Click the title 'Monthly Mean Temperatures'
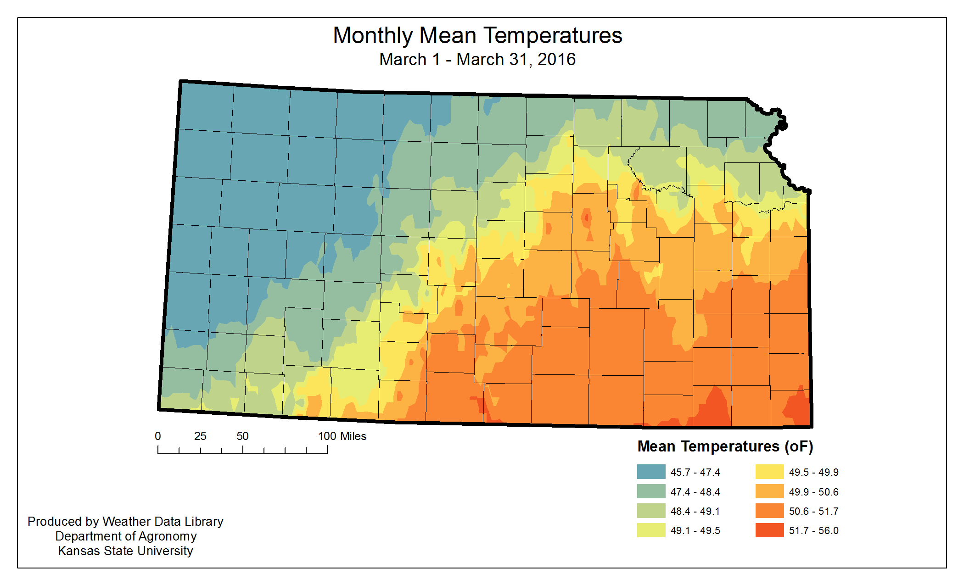click(477, 36)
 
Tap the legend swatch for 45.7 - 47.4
click(651, 472)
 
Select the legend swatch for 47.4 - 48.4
click(651, 491)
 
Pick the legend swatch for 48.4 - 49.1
click(651, 511)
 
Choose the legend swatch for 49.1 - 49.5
click(651, 530)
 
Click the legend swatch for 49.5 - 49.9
click(769, 472)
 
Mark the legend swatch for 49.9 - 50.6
click(769, 491)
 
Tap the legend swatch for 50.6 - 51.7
click(769, 511)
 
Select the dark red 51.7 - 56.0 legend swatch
click(769, 530)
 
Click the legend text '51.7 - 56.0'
click(813, 531)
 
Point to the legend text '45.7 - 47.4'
click(695, 473)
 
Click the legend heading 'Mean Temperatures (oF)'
click(725, 446)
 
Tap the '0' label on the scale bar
click(158, 436)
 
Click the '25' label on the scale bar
click(200, 436)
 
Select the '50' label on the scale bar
click(242, 436)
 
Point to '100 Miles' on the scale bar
click(342, 436)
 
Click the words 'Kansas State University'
click(125, 551)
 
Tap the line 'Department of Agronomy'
click(126, 536)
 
